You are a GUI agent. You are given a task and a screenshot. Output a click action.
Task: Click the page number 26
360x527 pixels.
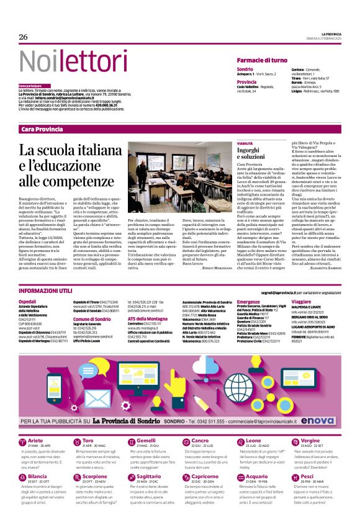[x=24, y=37]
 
